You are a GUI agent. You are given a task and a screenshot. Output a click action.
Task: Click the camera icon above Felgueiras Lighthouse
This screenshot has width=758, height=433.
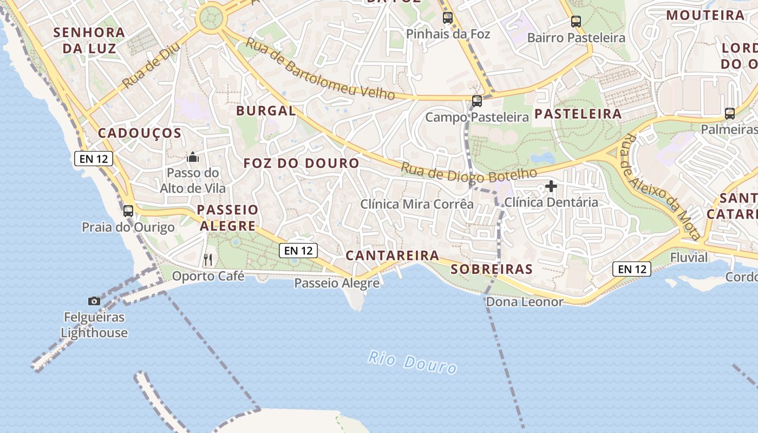pos(94,301)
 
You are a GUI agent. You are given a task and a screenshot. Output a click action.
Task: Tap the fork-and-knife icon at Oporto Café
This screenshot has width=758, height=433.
pos(208,260)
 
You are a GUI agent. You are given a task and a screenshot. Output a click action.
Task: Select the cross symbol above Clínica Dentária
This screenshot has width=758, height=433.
pos(551,187)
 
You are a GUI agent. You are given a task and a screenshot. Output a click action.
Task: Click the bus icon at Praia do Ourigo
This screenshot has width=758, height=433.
pos(128,211)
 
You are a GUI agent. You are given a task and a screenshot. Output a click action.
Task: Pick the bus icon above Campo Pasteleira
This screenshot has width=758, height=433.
pos(477,101)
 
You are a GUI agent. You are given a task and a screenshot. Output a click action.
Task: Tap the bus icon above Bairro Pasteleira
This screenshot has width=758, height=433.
pos(576,22)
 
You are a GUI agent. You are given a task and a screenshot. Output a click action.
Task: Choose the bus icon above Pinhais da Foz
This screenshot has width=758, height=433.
pos(448,18)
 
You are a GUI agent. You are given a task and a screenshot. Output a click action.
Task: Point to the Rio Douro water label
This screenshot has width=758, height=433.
pos(413,362)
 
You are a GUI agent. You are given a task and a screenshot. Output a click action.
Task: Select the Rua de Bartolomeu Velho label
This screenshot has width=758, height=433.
pos(320,69)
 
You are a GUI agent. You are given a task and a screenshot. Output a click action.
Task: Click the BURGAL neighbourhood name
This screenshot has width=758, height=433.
pos(266,111)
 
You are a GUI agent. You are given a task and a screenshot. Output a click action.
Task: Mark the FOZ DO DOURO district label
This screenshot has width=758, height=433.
pos(301,163)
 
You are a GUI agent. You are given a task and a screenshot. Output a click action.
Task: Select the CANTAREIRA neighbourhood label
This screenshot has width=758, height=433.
pos(392,255)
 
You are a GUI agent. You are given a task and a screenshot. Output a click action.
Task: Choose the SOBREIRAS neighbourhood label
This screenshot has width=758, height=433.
pos(492,269)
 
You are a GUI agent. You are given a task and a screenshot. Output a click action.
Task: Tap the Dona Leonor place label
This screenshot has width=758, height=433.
pos(525,302)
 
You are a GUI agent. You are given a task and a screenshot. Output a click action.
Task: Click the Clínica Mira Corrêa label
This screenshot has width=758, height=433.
pos(417,204)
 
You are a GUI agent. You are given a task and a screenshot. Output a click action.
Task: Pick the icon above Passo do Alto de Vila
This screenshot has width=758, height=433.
pos(193,158)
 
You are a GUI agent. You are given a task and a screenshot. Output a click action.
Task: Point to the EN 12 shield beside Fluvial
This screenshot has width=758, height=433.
pos(632,268)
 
